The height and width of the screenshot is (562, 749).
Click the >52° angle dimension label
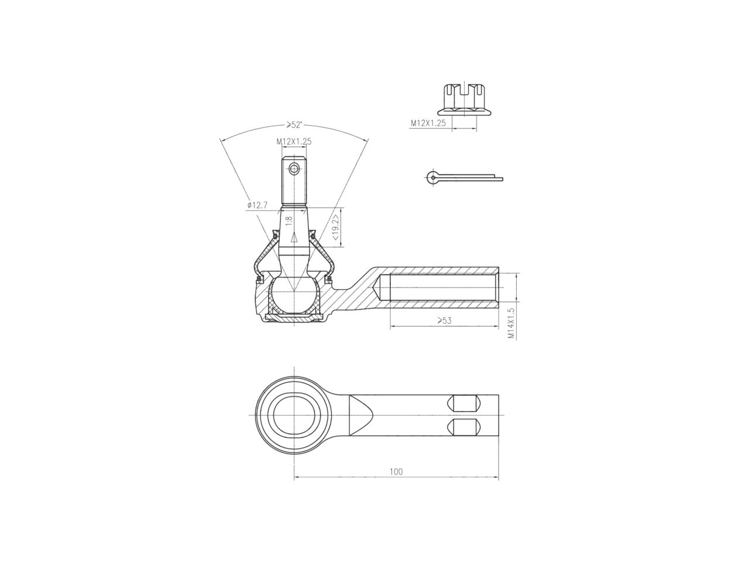[x=294, y=125]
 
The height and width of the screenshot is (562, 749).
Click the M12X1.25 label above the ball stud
[x=294, y=141]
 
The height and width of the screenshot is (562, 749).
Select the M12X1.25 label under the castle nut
[x=428, y=124]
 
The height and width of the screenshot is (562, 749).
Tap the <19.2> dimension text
[x=335, y=228]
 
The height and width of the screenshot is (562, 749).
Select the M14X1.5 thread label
[x=511, y=323]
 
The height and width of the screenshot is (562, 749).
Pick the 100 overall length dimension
[x=396, y=471]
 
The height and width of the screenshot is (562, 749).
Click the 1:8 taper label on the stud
[x=288, y=221]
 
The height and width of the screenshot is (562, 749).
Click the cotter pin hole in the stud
[x=294, y=169]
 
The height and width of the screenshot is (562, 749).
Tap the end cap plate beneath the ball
[x=294, y=317]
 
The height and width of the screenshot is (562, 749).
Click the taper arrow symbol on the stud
[x=294, y=237]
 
